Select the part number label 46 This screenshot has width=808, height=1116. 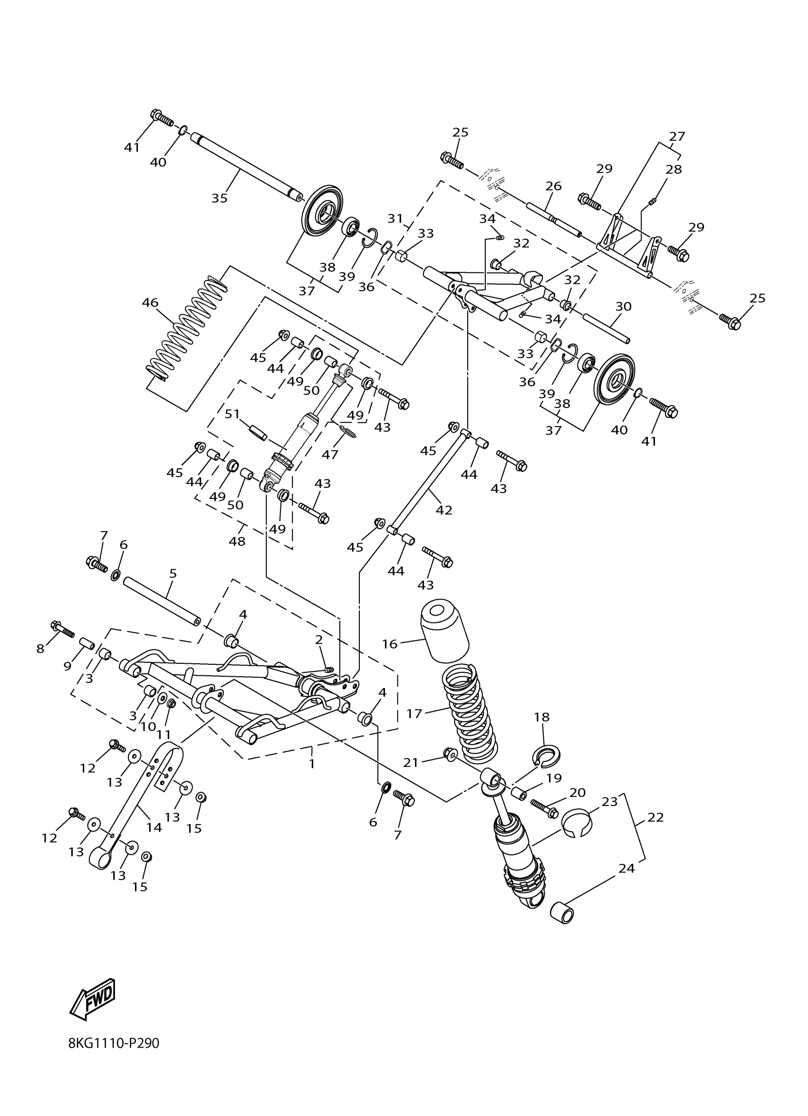pos(150,302)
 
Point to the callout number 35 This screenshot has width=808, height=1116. pos(219,198)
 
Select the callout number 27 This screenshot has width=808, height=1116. pos(677,136)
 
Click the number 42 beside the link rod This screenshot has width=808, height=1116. pos(443,510)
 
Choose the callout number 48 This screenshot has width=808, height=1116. pos(237,541)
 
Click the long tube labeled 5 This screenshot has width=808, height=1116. pos(162,602)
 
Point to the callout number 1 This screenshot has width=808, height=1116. pos(311,764)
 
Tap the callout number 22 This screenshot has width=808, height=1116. pos(655,817)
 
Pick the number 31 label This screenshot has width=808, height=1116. pos(395,218)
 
